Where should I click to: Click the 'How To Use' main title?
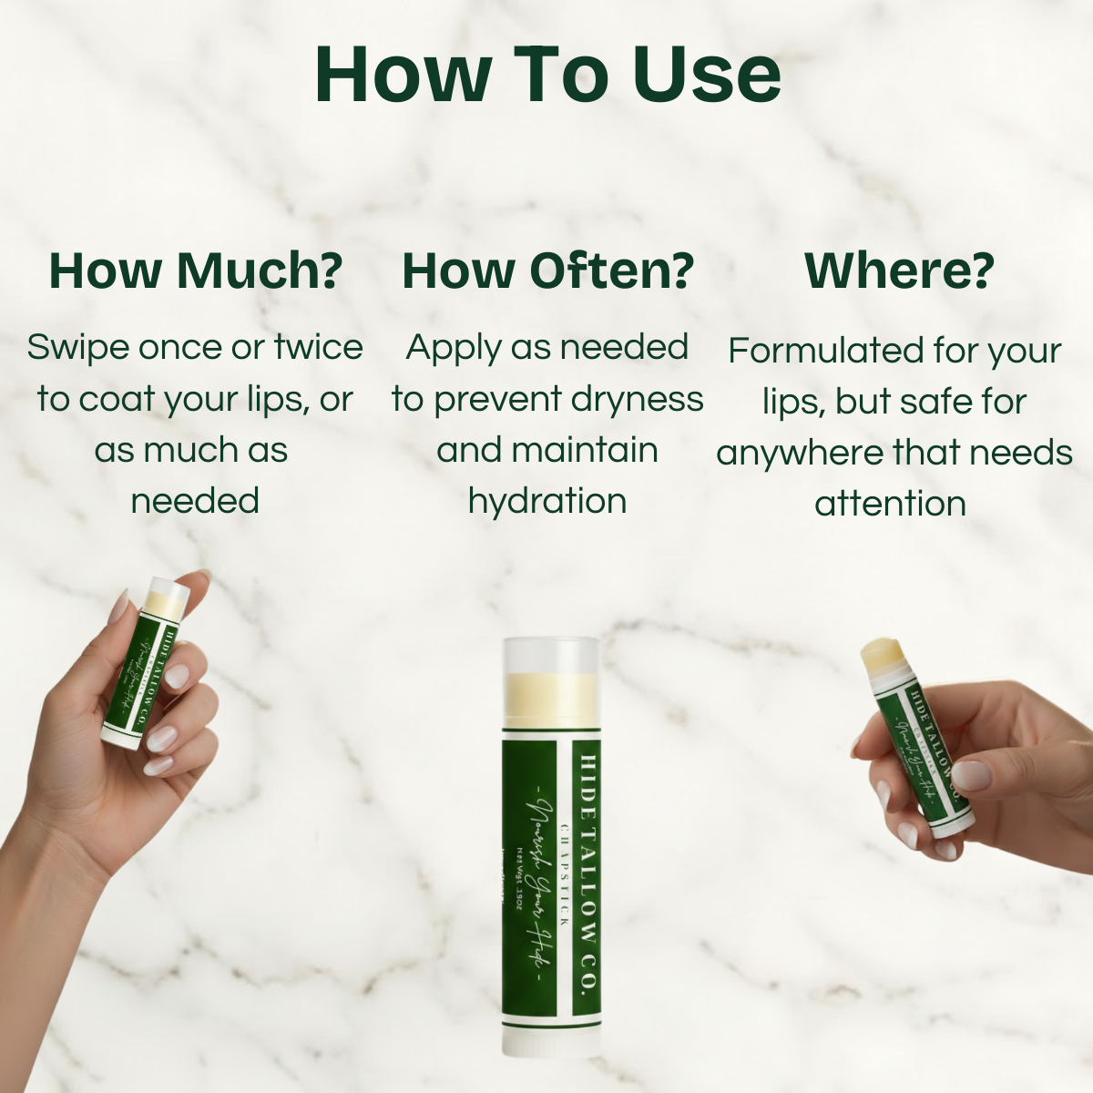[547, 74]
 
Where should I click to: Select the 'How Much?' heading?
[196, 271]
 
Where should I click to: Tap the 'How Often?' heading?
[547, 271]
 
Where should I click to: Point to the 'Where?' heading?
[899, 271]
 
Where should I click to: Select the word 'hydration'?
[547, 501]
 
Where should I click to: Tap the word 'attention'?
[890, 504]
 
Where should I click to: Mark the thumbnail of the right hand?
[970, 775]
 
